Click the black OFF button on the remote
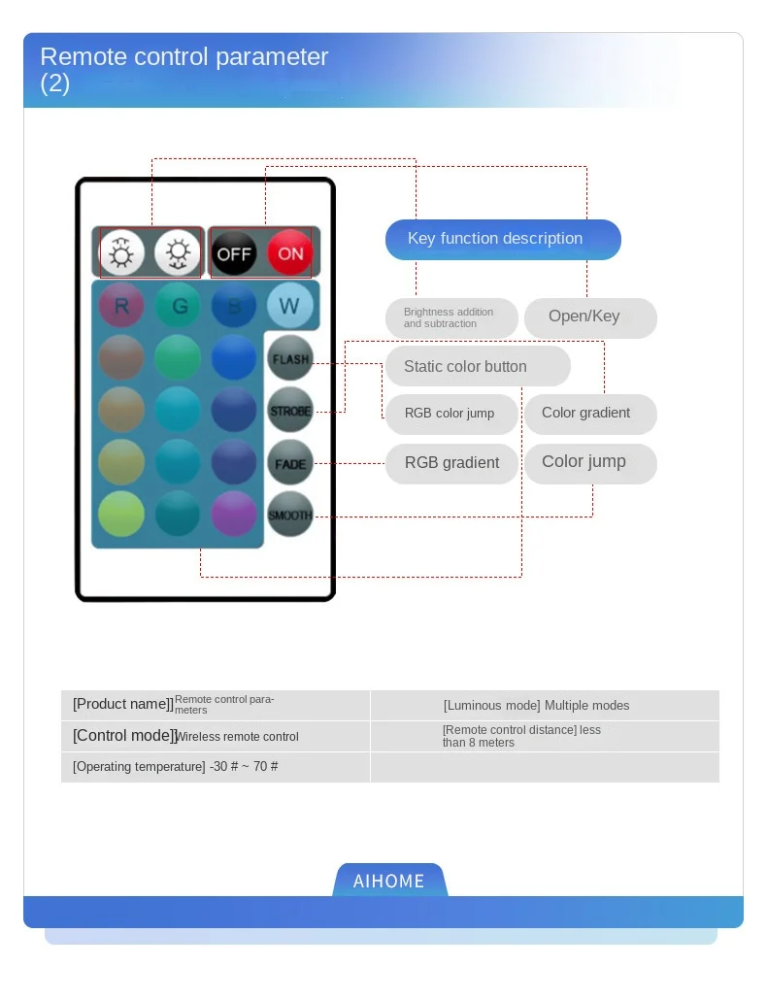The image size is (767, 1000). click(x=234, y=254)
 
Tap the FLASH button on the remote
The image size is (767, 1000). click(x=290, y=359)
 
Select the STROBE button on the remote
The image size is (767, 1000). click(x=290, y=411)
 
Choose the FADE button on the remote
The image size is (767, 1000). click(x=290, y=463)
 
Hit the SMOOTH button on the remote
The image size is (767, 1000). click(x=290, y=516)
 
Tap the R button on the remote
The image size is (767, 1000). click(x=121, y=307)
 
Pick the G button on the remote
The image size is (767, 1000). click(x=179, y=307)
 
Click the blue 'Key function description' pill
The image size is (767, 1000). click(x=503, y=239)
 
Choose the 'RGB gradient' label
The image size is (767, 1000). click(x=451, y=463)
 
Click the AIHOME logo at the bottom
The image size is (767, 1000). click(x=389, y=881)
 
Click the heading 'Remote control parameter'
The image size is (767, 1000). click(x=184, y=57)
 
